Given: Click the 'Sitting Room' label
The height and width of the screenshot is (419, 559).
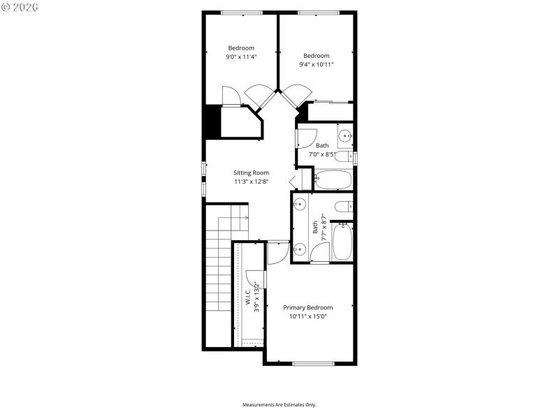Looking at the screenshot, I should coord(251,172).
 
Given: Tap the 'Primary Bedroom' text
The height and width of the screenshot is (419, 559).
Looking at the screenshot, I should coord(307,307).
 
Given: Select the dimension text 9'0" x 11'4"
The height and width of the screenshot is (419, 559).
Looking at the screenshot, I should coord(241,57).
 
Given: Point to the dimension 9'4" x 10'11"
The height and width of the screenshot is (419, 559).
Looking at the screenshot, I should coord(318,64).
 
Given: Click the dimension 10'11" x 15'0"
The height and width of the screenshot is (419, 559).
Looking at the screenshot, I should coord(307,316).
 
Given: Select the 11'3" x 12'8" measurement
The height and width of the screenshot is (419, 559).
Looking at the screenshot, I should coord(251,182).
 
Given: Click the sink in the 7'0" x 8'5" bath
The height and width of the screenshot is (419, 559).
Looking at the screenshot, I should coord(344,135).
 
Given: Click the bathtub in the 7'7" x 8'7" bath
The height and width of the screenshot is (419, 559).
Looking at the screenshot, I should coord(342,242).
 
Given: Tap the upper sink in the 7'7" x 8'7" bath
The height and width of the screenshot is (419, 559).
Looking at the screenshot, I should coord(299,205).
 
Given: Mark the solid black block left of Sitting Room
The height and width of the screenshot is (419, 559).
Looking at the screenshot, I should coord(212,121).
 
